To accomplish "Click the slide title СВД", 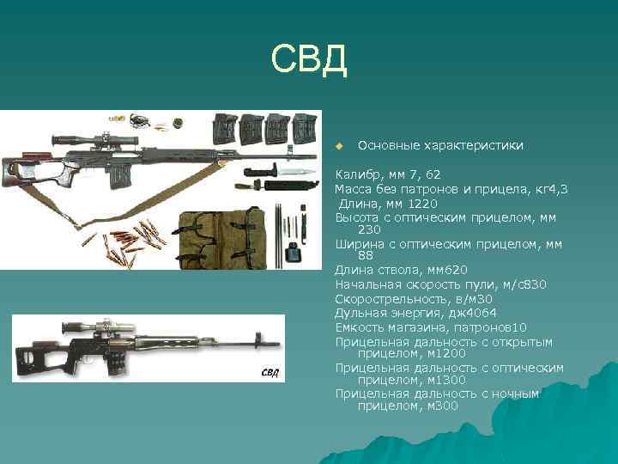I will [308, 59].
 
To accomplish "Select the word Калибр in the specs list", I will [354, 175].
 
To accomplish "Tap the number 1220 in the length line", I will [422, 204].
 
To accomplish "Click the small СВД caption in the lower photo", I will [270, 372].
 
